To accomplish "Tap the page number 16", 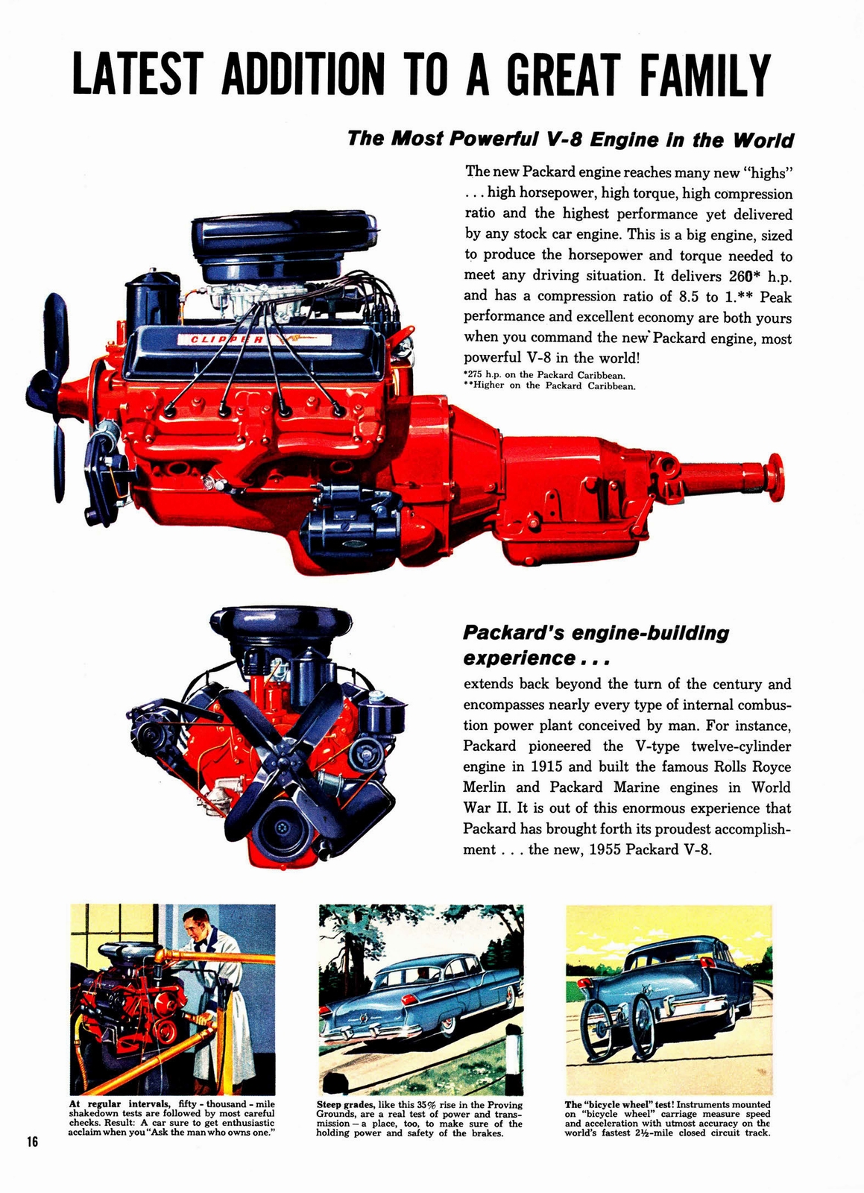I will pos(31,1142).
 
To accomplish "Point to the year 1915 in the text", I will pos(551,767).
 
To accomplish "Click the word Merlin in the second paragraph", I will pos(486,787).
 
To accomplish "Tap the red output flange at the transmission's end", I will pos(775,477).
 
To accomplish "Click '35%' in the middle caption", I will pos(426,1105).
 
